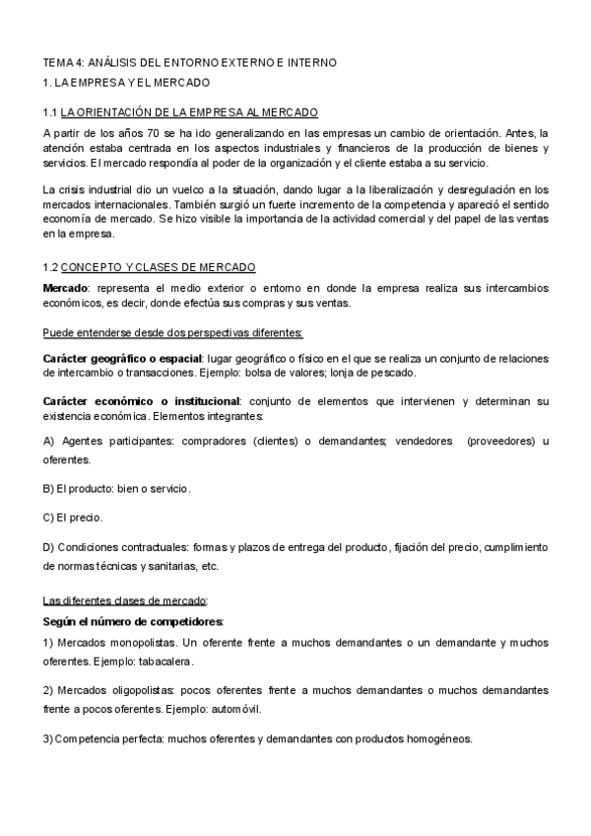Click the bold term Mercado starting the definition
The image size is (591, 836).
(65, 287)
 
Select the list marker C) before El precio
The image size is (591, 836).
(50, 517)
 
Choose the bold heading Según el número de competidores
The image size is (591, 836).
(133, 621)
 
